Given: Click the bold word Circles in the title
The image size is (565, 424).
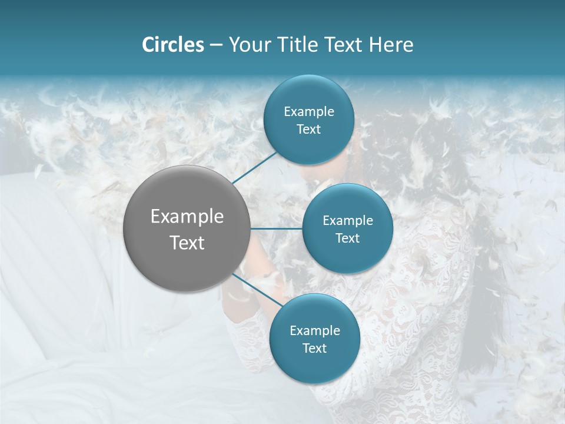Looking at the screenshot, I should coord(173,45).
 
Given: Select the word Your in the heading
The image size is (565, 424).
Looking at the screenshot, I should coord(248,45).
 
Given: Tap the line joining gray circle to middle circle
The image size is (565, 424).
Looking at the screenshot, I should coord(277,228).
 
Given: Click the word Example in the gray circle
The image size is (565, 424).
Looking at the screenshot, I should coord(187,217).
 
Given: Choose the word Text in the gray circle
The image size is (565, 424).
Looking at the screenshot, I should coord(187,243).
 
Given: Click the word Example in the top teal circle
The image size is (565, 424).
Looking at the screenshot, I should coord(309,112).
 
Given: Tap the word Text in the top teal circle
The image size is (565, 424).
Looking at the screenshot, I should coord(308,130).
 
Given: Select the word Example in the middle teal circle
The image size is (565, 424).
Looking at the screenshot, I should coord(348,221).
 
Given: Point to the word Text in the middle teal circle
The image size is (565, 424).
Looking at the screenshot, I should coord(347,238).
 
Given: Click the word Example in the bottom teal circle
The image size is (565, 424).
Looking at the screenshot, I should coord(315,331).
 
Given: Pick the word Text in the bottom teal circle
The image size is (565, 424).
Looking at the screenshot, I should coord(314,348).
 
